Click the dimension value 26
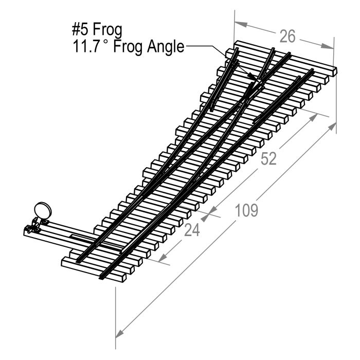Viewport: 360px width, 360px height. (x=288, y=37)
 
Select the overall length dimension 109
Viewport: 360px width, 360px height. (x=246, y=210)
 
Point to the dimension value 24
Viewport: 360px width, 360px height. (x=192, y=230)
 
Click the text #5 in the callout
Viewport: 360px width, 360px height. (x=82, y=29)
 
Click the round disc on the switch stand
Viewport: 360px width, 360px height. (x=42, y=210)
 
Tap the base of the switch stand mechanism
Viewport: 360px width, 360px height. (x=34, y=226)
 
